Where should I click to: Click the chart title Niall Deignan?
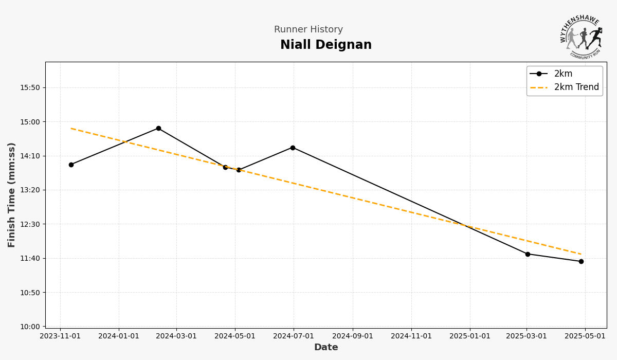click(325, 45)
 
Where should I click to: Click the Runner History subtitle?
click(308, 30)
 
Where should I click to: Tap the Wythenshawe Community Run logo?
click(582, 36)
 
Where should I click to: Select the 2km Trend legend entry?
click(576, 87)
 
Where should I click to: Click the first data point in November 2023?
click(71, 165)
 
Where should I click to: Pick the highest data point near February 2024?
click(158, 128)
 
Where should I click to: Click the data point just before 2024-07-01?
click(293, 148)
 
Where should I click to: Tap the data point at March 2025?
click(528, 254)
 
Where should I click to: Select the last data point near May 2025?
click(581, 261)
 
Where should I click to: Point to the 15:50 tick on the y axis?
click(30, 88)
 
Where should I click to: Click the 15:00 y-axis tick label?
click(30, 122)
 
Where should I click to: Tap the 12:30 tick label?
click(30, 224)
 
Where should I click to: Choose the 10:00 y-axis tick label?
click(30, 327)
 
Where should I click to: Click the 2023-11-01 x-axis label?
click(60, 336)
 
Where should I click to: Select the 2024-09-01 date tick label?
click(352, 336)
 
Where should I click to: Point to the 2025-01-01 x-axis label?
click(469, 336)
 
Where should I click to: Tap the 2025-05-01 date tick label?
click(585, 336)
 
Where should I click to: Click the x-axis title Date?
click(326, 348)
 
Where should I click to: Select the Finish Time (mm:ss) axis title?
click(12, 195)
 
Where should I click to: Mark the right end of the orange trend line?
click(581, 254)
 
